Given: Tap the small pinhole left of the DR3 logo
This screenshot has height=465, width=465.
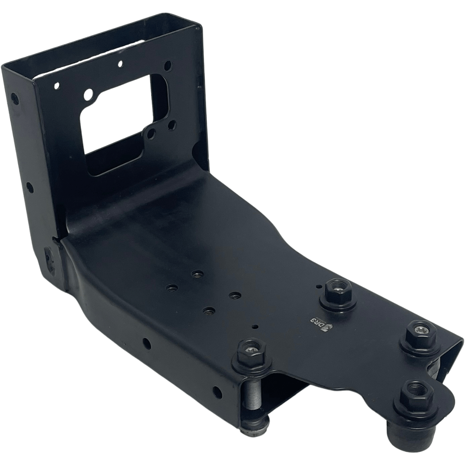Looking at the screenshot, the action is coord(256,327).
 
